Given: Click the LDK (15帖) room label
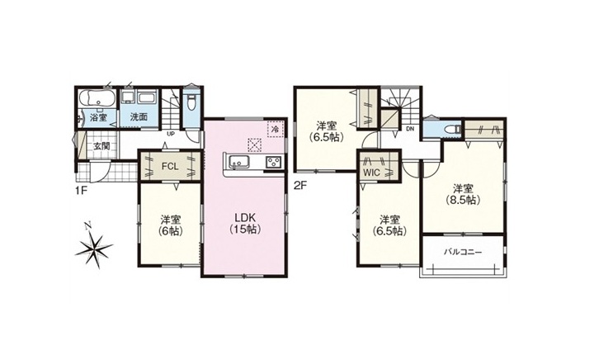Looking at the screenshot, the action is pos(245,223).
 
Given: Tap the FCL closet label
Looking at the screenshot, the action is pos(170,167).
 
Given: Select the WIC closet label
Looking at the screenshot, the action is pos(372,173).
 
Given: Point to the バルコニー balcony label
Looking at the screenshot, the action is pos(463,252).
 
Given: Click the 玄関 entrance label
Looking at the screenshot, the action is pos(102,146).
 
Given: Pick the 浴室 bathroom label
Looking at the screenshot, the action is pos(98,117).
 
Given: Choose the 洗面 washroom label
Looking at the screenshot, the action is pos(139,117).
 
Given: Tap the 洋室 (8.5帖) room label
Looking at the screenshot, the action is pos(464,194).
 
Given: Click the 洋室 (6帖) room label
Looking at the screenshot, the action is pos(171,225).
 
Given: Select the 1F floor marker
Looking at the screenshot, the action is pos(82,190).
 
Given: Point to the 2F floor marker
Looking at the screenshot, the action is pos(300,186).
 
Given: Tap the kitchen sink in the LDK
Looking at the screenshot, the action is pos(238,162).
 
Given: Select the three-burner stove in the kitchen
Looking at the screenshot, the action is pos(274,162).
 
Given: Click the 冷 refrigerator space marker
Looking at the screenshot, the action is pos(275,129).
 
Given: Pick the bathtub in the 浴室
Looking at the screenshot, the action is pos(97,97).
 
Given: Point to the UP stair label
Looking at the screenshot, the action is pos(171,134).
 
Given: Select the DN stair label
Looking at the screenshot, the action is pos(410,129).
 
